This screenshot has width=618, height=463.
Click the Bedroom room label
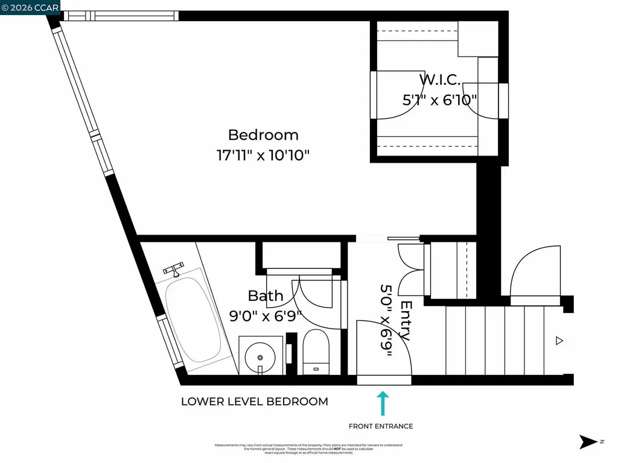pos(263,135)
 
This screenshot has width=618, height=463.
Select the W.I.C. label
pos(440,79)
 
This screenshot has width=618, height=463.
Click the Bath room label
pos(266,295)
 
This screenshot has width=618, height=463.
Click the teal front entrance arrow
pos(382,403)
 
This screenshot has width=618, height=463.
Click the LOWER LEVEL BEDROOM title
pos(255,402)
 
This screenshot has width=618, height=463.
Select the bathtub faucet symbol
pos(174,269)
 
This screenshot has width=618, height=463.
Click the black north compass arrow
pos(588,442)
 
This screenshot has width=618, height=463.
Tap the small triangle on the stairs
pos(559,341)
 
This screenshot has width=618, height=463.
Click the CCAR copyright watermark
pos(30,7)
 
